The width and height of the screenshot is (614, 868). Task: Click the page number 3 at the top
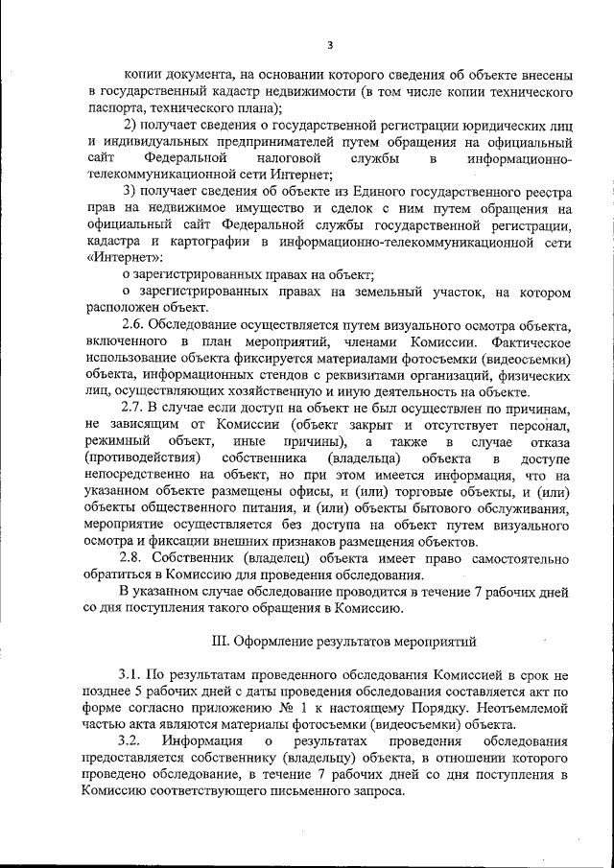pos(328,43)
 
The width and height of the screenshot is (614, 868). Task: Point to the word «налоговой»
pos(283,157)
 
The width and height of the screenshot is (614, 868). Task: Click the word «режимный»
pos(114,441)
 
